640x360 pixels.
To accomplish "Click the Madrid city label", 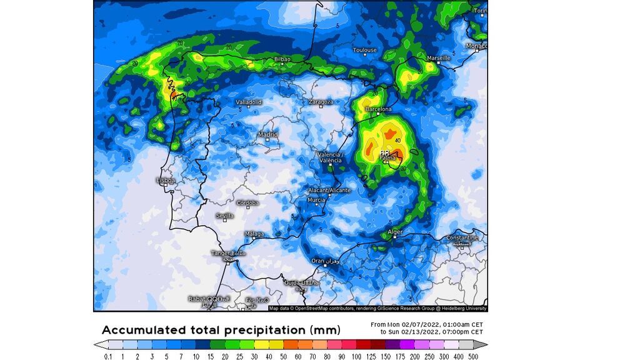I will tap(267, 134).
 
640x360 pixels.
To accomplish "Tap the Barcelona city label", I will tap(378, 109).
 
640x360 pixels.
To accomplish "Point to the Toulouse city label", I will tap(364, 50).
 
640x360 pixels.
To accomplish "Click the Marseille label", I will tap(438, 58).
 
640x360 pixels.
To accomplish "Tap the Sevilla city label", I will tap(224, 216).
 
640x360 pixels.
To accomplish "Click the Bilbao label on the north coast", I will tap(282, 59).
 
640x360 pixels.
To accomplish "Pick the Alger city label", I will tap(396, 232).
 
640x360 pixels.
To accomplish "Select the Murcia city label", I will tap(316, 200).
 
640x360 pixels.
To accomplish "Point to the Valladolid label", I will tap(249, 102).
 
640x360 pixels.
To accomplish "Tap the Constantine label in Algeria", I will tap(462, 238).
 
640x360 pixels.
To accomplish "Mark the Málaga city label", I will tap(254, 234).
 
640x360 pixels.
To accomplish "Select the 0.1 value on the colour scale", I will tap(108, 356).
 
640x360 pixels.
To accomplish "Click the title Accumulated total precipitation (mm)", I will tap(221, 329).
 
